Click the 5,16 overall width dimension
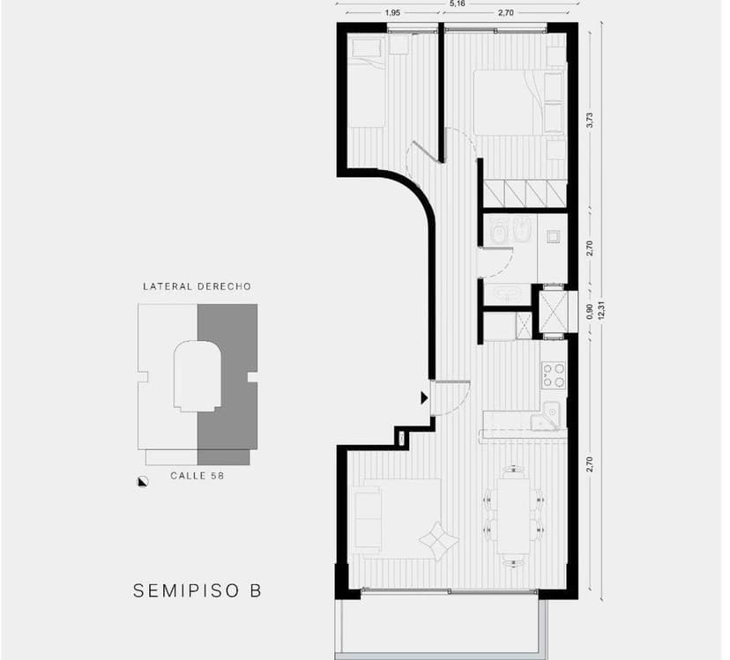pyautogui.click(x=457, y=4)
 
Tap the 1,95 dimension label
pyautogui.click(x=393, y=13)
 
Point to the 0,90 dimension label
pyautogui.click(x=590, y=312)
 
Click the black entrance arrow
pyautogui.click(x=424, y=398)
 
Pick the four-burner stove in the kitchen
pyautogui.click(x=554, y=374)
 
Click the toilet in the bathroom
pyautogui.click(x=497, y=232)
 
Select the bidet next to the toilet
pyautogui.click(x=522, y=232)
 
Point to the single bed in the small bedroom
pyautogui.click(x=367, y=84)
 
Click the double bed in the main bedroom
pyautogui.click(x=509, y=102)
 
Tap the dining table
pyautogui.click(x=512, y=515)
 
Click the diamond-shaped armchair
pyautogui.click(x=437, y=538)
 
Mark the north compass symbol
pyautogui.click(x=142, y=480)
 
